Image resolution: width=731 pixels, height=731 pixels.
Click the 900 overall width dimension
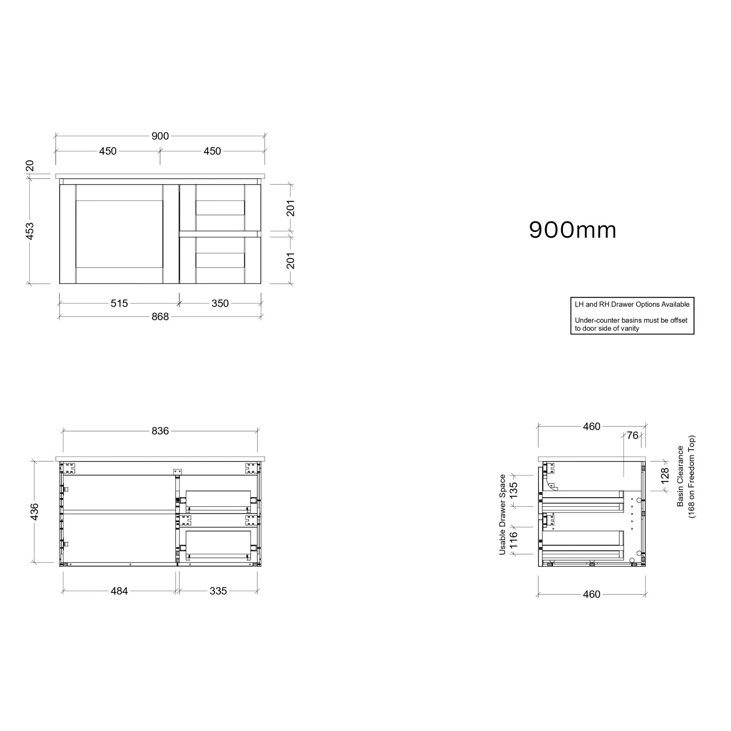[160, 136]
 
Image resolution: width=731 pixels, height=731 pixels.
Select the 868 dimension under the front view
[160, 317]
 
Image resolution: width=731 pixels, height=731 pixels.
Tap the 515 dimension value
[119, 303]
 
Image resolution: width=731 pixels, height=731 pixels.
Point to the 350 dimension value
[220, 303]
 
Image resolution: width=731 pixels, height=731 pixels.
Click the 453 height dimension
[30, 231]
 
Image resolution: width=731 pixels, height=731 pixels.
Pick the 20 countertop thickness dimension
[30, 166]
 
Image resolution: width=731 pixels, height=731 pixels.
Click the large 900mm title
[573, 230]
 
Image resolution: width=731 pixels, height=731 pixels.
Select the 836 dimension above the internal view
[160, 431]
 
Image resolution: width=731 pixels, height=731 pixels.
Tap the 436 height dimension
[34, 511]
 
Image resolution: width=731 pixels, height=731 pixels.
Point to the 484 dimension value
[119, 591]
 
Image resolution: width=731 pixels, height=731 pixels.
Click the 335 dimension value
[218, 591]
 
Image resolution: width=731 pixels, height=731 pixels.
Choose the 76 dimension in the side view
[632, 436]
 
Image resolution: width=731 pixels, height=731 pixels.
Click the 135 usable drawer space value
[513, 491]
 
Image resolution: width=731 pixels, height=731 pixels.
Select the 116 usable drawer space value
[513, 540]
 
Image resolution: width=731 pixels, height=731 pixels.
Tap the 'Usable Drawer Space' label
[503, 515]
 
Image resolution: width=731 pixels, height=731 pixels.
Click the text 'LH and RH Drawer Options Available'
[632, 304]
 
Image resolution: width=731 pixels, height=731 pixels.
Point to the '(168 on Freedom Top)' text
[692, 477]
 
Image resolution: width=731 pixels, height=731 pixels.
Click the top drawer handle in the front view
[220, 208]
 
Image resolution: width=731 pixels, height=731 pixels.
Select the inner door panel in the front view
[119, 234]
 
